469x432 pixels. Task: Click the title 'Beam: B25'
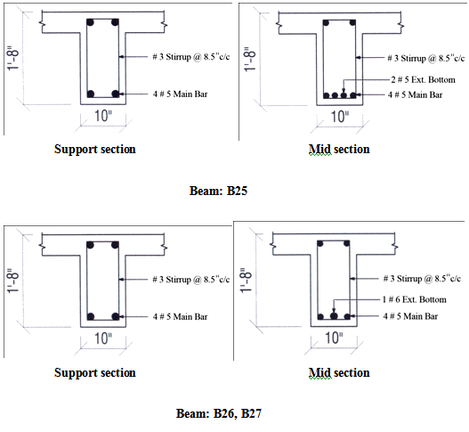pos(218,191)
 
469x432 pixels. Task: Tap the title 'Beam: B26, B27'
pos(219,413)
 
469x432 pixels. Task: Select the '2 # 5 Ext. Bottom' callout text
pos(424,79)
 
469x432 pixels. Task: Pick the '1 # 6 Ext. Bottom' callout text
pos(414,299)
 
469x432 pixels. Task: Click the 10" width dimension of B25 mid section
pos(339,117)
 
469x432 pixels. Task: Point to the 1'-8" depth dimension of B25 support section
pos(12,59)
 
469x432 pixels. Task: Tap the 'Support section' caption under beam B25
pos(95,149)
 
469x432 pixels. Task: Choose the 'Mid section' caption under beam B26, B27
pos(339,372)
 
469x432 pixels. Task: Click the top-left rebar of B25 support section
pos(91,22)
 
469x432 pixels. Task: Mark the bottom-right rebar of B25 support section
pos(115,94)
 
